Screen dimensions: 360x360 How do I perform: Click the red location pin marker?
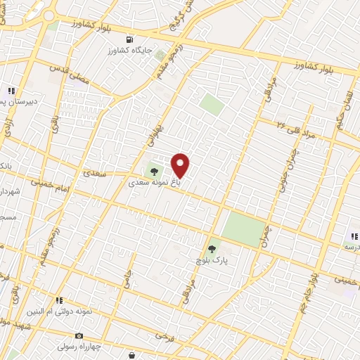[181, 166]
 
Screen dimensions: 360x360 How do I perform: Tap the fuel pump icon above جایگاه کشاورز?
[128, 39]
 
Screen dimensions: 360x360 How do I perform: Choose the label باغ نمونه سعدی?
[154, 181]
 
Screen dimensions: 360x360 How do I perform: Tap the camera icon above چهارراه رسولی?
[79, 336]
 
